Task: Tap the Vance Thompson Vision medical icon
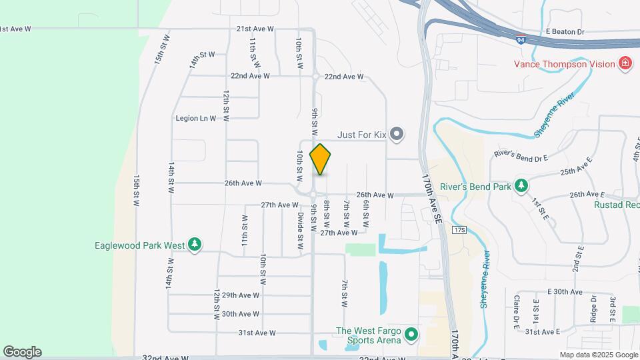click(x=625, y=64)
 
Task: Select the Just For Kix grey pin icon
click(x=397, y=135)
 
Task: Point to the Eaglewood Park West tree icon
click(x=195, y=245)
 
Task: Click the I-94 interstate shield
click(x=519, y=41)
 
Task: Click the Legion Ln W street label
click(x=196, y=118)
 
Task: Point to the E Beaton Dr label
click(x=565, y=31)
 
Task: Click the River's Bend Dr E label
click(x=521, y=155)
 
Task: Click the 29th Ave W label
click(x=241, y=295)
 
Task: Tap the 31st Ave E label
click(x=541, y=331)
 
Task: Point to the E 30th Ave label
click(x=565, y=292)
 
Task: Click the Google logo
click(x=22, y=352)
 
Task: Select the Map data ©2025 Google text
click(x=598, y=355)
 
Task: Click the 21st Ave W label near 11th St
click(x=255, y=29)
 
